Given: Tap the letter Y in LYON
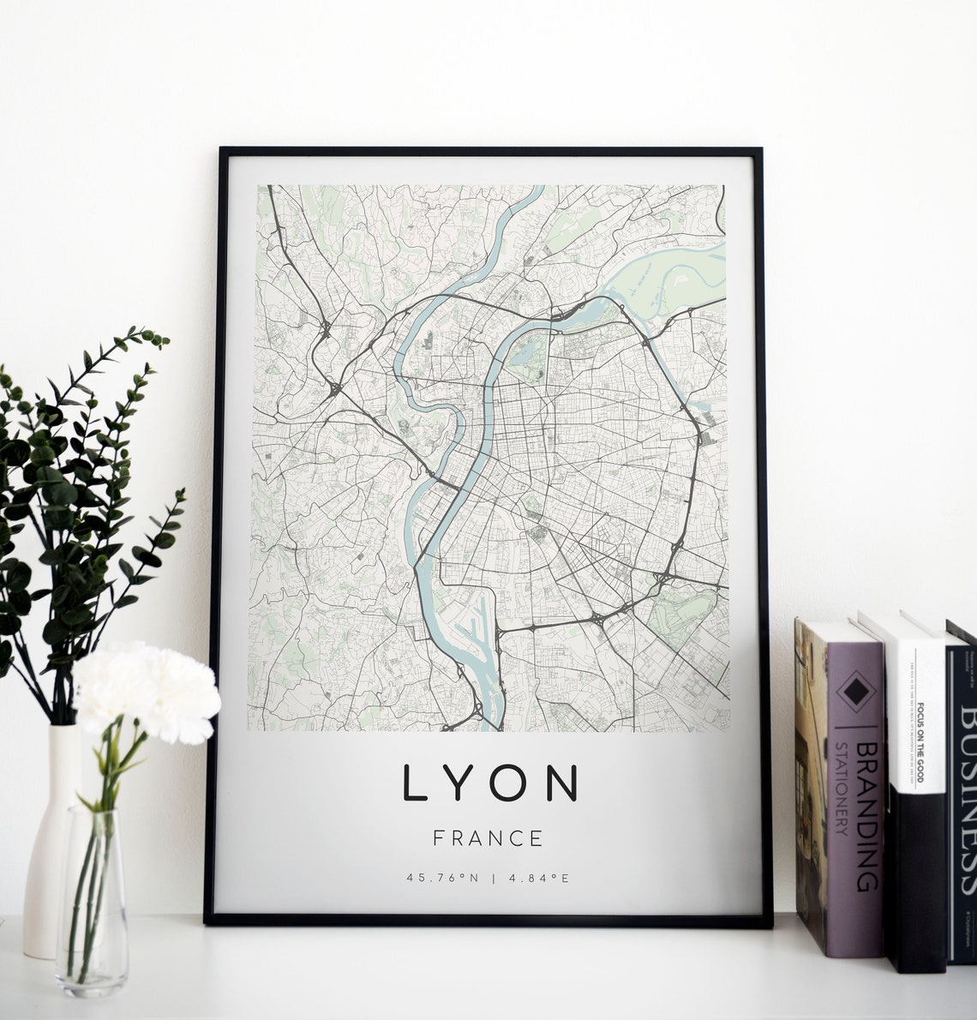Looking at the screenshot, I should click(459, 783).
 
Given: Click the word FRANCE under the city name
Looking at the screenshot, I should click(488, 837).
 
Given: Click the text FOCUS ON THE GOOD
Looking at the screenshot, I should click(920, 742).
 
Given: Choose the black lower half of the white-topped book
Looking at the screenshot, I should click(915, 883).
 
